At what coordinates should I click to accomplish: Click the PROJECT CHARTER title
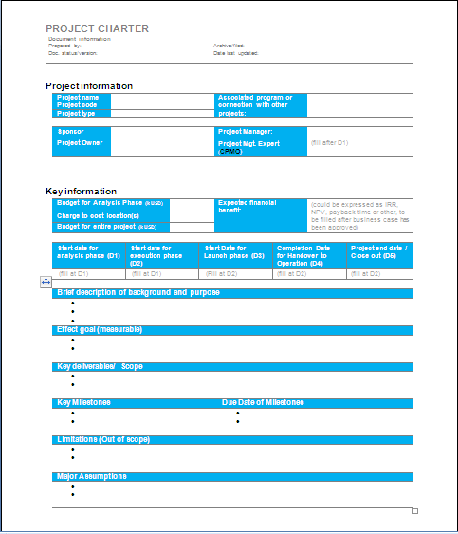coord(98,29)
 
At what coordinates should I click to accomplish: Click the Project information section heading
coord(89,86)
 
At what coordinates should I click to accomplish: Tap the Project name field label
coord(78,97)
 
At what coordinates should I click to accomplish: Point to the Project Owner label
coord(80,143)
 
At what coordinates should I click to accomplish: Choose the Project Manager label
coord(246,132)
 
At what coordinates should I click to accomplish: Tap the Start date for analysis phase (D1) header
coord(87,251)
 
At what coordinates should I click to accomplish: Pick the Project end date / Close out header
coord(379,251)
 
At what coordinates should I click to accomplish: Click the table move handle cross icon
coord(46,282)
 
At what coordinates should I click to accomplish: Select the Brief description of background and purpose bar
coord(138,292)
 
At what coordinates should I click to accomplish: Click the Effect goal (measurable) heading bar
coord(100,329)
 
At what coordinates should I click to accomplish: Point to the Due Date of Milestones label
coord(263,402)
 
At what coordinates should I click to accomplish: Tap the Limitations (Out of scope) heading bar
coord(103,439)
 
